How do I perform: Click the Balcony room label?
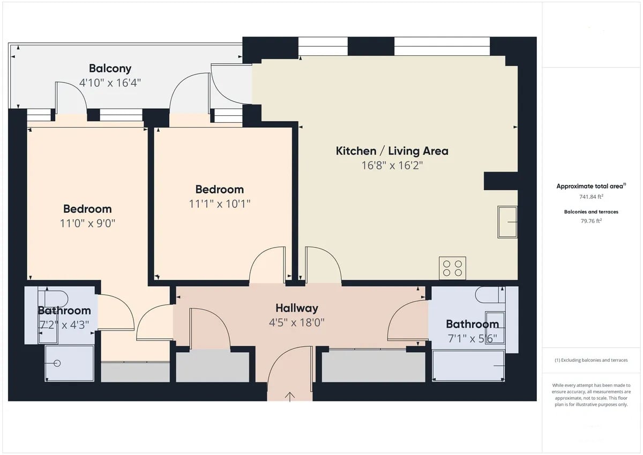pos(110,69)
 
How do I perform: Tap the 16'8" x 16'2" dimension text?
pos(392,166)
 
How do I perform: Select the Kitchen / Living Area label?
pos(392,151)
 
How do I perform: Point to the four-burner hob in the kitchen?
pos(452,268)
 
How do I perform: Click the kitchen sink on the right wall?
pos(507,222)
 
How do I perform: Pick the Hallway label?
pos(297,308)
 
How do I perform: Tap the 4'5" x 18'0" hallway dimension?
pos(296,323)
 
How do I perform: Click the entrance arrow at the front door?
pos(290,397)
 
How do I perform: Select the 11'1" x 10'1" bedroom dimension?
pos(220,204)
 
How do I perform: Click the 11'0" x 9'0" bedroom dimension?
pos(87,223)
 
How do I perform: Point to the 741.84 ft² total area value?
pos(591,197)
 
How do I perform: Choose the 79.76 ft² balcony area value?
pos(591,221)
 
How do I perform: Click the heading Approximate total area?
pos(591,186)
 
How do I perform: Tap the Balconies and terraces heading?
pos(591,212)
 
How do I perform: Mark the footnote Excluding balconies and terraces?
pos(591,360)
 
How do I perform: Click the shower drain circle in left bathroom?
pos(57,363)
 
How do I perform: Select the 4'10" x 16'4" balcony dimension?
pos(110,83)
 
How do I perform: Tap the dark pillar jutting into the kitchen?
pos(500,181)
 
